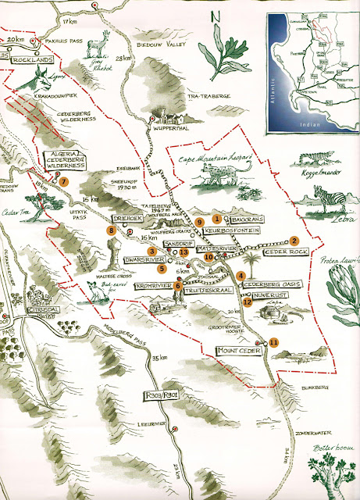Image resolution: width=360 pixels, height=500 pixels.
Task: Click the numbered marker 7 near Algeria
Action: [x=63, y=181]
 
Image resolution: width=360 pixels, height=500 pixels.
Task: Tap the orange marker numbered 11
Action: [x=273, y=341]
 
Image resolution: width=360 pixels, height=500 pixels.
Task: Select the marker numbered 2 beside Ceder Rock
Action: [x=294, y=241]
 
